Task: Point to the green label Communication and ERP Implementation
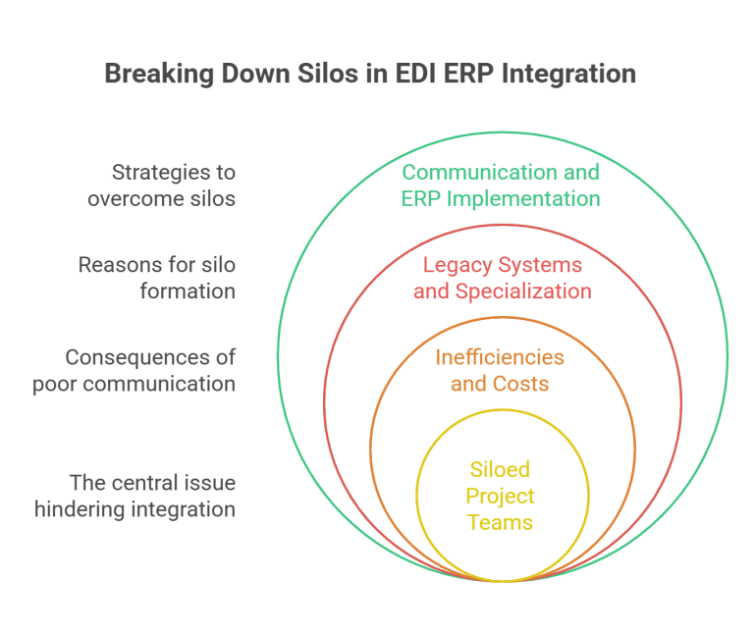tap(501, 185)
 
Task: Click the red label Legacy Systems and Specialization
tap(502, 278)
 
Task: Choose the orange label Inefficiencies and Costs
tap(500, 369)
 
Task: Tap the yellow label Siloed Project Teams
tap(501, 496)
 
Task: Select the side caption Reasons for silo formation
tap(157, 278)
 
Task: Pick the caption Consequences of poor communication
tap(134, 369)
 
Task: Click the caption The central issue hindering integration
tap(135, 496)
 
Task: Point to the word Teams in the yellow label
tap(501, 522)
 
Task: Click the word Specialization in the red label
tap(530, 291)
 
